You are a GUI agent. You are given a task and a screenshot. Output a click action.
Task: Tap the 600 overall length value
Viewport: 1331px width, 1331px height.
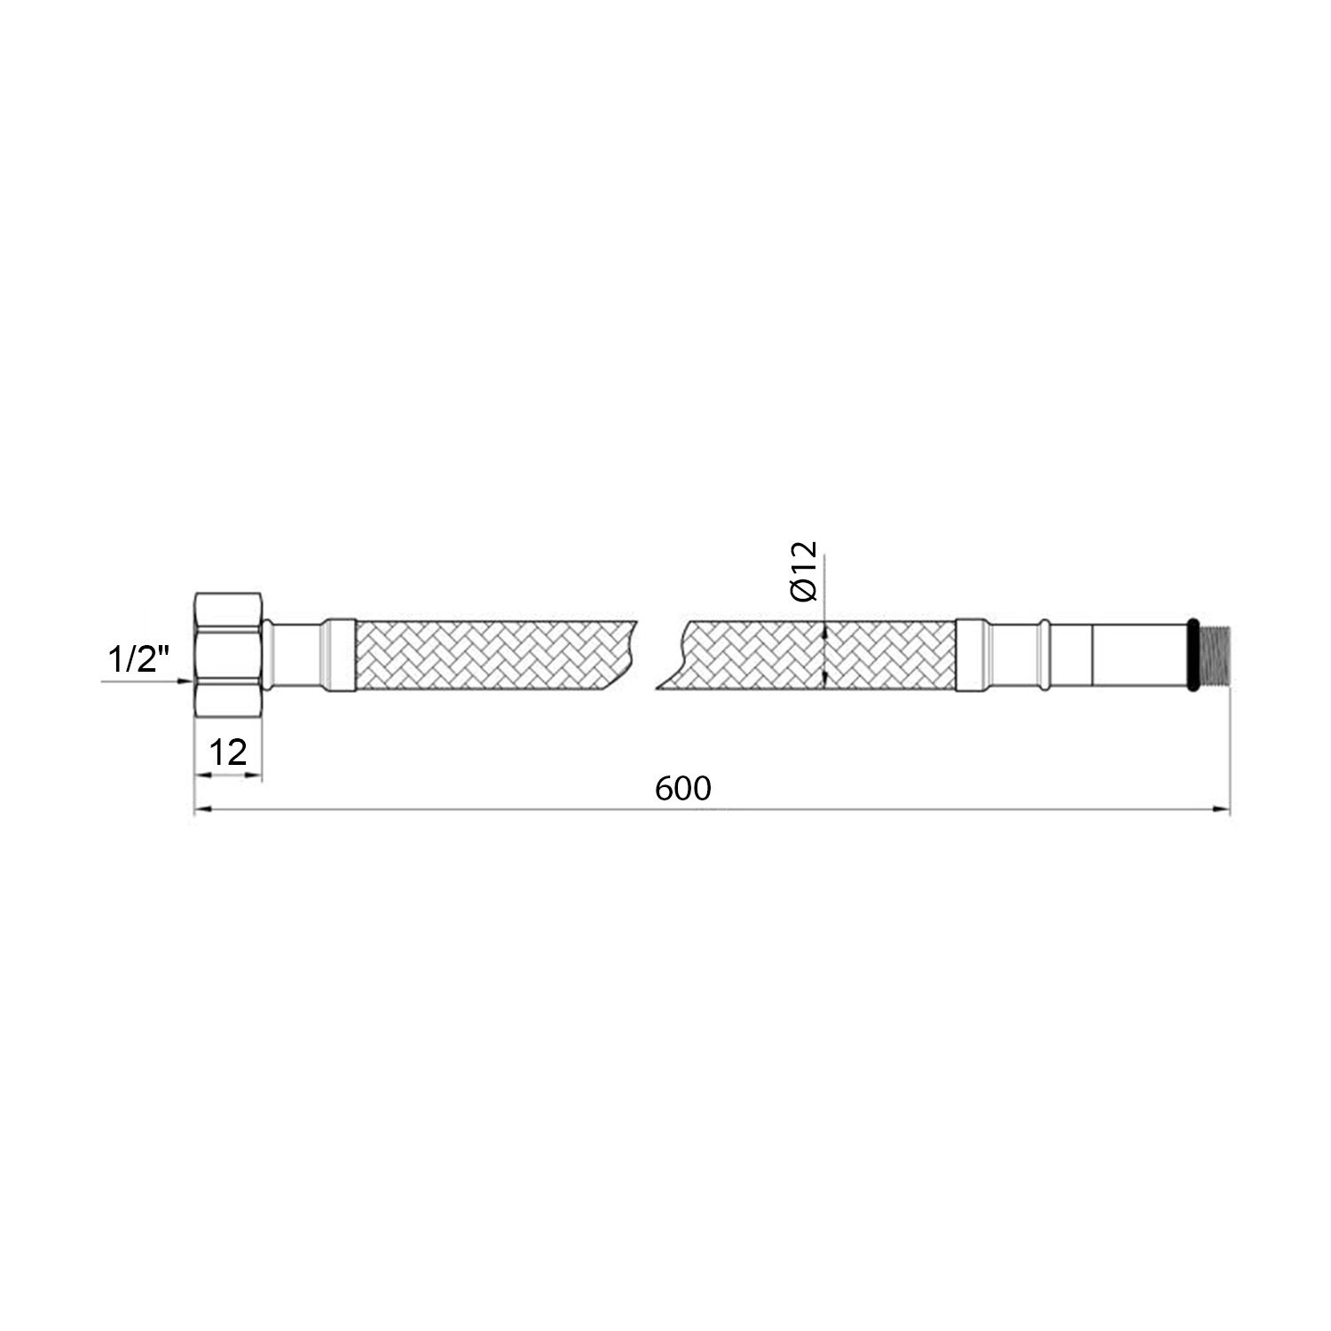pyautogui.click(x=683, y=788)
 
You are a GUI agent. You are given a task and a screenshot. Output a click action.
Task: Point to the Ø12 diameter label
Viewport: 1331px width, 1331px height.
pyautogui.click(x=803, y=574)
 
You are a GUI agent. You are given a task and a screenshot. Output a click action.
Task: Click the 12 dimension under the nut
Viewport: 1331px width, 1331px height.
pyautogui.click(x=228, y=752)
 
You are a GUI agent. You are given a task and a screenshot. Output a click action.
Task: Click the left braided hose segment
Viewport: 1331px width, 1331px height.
pyautogui.click(x=492, y=655)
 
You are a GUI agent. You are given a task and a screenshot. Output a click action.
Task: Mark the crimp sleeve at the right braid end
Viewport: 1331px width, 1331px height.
pyautogui.click(x=972, y=655)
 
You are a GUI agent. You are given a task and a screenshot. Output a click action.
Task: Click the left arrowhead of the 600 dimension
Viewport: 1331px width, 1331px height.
pyautogui.click(x=201, y=808)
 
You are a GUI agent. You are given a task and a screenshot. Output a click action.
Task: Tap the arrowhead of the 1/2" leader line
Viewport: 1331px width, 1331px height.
pyautogui.click(x=187, y=681)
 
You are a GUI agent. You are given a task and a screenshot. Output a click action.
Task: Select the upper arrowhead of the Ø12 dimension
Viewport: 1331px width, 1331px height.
pyautogui.click(x=825, y=628)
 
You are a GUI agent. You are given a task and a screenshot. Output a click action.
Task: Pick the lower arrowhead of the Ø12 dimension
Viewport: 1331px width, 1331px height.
pyautogui.click(x=825, y=681)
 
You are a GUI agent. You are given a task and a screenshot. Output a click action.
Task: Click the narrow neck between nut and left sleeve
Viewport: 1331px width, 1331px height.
pyautogui.click(x=293, y=655)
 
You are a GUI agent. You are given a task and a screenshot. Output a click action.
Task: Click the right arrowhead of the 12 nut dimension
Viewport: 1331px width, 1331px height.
pyautogui.click(x=256, y=776)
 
